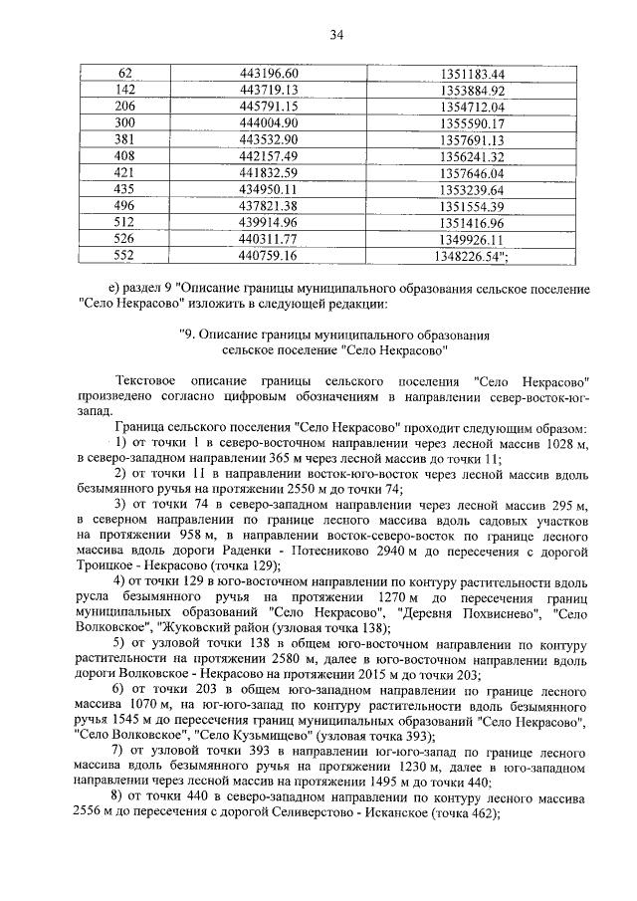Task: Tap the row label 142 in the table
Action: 125,91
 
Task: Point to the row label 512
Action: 125,222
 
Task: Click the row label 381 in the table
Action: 125,139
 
